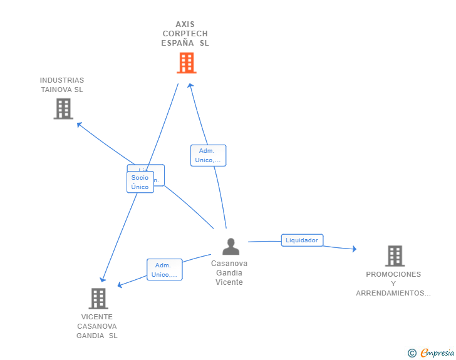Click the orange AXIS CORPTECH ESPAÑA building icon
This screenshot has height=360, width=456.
[186, 63]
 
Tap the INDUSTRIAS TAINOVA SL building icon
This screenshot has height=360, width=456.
[63, 109]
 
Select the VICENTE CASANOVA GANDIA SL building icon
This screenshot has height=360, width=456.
[98, 299]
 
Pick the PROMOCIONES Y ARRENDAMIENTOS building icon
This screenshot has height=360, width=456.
[395, 255]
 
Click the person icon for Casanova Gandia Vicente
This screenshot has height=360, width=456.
[231, 247]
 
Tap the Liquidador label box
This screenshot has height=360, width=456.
[302, 240]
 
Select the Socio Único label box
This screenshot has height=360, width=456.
[140, 182]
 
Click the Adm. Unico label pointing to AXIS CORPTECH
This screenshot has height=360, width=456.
[208, 155]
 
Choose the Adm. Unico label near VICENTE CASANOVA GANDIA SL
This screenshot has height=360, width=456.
[165, 270]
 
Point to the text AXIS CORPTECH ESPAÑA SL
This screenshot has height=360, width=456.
[185, 34]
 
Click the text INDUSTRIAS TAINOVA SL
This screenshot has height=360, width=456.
[62, 85]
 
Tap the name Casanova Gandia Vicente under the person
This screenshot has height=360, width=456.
[229, 273]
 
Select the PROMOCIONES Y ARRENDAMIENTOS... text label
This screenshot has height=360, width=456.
[393, 284]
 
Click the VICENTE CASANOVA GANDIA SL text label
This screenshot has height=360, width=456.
[97, 326]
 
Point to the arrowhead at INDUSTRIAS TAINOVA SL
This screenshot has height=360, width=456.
[78, 124]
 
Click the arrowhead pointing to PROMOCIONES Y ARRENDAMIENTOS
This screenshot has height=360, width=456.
[354, 249]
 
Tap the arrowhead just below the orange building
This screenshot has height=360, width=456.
[191, 86]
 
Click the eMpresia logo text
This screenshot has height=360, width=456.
[437, 353]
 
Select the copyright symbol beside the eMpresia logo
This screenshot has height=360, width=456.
[412, 354]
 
